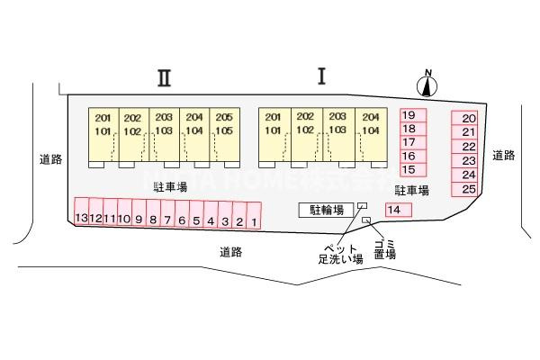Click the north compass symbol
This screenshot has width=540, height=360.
click(427, 85)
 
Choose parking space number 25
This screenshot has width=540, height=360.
click(468, 189)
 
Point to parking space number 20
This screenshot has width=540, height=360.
click(468, 119)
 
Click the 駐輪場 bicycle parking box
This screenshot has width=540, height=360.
click(327, 210)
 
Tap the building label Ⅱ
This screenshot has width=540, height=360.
click(163, 77)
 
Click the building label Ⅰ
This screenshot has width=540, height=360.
click(320, 76)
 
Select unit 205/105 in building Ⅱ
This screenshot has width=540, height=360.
click(225, 124)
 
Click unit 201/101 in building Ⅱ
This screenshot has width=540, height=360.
click(103, 124)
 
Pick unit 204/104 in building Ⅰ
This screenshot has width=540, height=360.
click(369, 123)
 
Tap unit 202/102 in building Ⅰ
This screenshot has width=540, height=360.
click(306, 123)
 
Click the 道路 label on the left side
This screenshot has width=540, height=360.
click(50, 159)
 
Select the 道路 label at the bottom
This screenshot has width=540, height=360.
click(230, 252)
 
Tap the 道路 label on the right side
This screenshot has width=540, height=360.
click(503, 156)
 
